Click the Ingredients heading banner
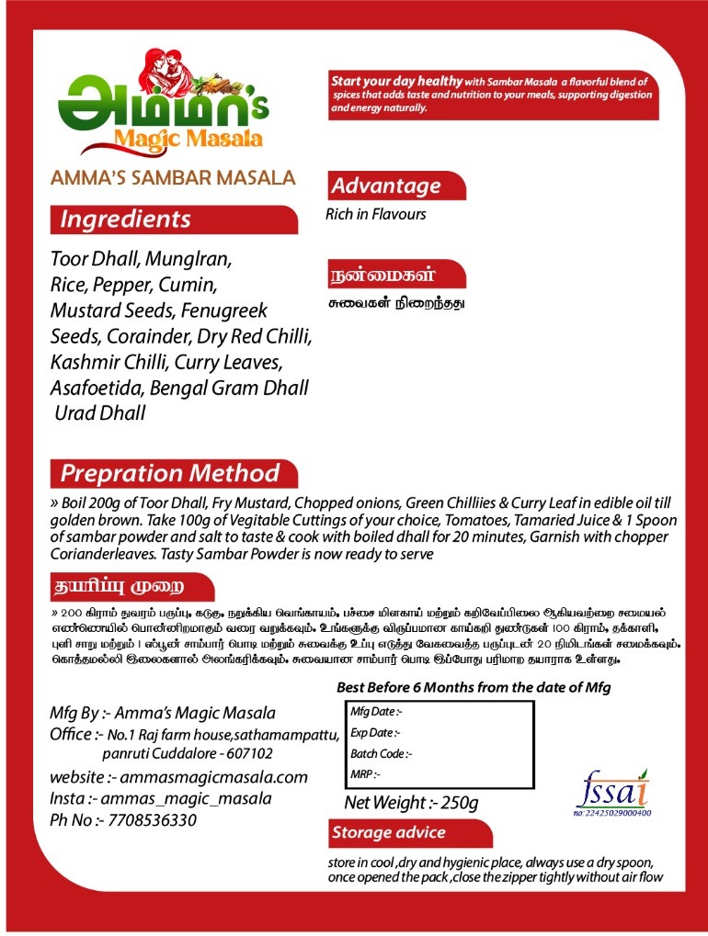[126, 220]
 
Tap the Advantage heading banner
[386, 186]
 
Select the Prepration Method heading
[170, 474]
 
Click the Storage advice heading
[388, 833]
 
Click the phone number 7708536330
[152, 820]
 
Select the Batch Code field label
[382, 754]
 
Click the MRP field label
[366, 775]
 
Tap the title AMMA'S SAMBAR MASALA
[173, 178]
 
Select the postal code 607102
[218, 754]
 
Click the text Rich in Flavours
[376, 214]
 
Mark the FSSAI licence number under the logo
[611, 813]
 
